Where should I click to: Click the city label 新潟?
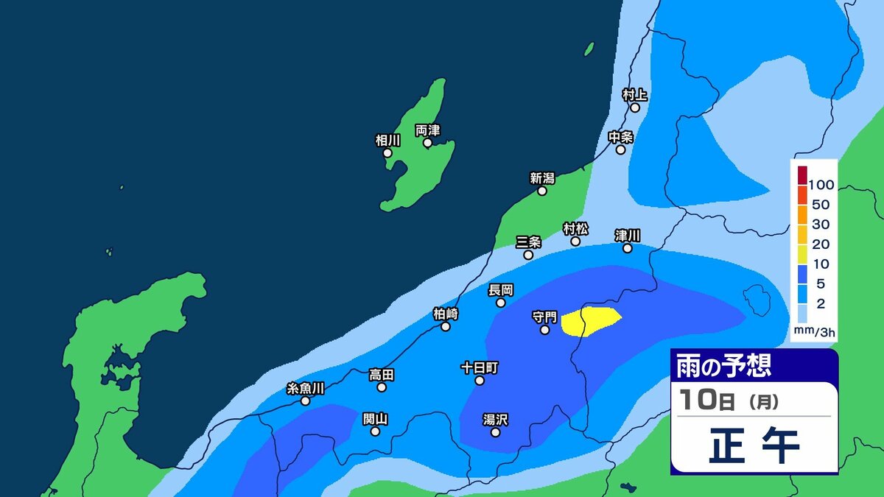(541, 177)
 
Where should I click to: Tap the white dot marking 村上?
(635, 107)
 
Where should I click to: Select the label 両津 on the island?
(427, 130)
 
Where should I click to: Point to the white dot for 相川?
(388, 152)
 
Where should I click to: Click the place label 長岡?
(501, 290)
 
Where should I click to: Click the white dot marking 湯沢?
(495, 432)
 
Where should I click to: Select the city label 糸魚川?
(306, 388)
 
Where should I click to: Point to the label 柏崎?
(446, 314)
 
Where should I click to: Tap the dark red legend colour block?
(802, 175)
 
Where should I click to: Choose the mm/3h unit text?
(815, 333)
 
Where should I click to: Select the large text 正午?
(754, 446)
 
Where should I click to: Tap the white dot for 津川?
(628, 248)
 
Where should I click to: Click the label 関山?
(376, 419)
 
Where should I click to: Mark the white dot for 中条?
(621, 149)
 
